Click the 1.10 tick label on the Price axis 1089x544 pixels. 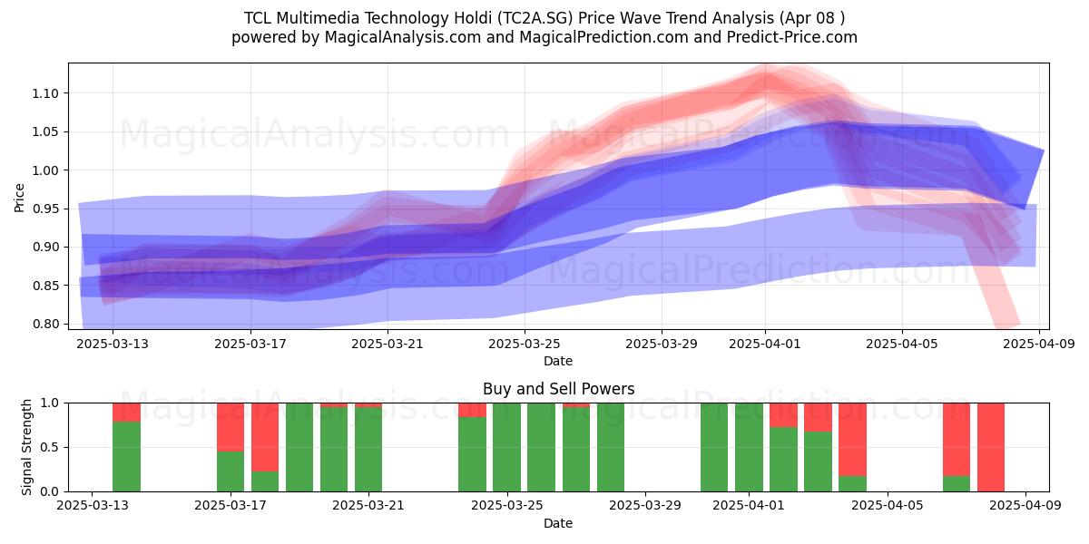tap(45, 93)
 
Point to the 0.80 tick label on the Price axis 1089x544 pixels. tap(45, 324)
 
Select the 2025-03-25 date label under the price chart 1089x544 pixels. tap(525, 344)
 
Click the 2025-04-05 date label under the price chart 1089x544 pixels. tap(902, 344)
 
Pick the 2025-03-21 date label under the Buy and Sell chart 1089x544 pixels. tap(368, 506)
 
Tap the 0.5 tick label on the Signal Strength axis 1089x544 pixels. tap(50, 447)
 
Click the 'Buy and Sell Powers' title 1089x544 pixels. tap(559, 389)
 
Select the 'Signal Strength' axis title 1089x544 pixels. tap(26, 447)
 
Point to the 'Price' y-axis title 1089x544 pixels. tap(19, 198)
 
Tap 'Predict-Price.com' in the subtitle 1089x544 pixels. tap(792, 37)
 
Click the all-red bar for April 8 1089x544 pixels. tap(991, 447)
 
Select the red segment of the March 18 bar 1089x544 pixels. tap(265, 437)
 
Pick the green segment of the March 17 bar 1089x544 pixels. tap(231, 471)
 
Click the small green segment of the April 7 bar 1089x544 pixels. tap(957, 484)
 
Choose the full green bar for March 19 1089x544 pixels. tap(299, 447)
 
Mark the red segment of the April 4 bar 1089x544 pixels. tap(853, 440)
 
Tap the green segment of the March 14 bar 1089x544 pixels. tap(126, 457)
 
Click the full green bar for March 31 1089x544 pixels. tap(714, 447)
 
